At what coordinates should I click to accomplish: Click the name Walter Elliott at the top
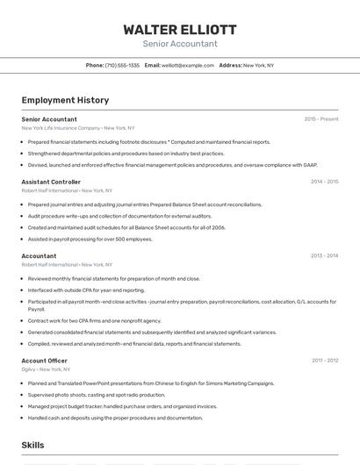(179, 29)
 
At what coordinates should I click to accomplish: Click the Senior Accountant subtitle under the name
(179, 43)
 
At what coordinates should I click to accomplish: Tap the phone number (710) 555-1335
(122, 65)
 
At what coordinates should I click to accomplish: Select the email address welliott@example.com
(188, 65)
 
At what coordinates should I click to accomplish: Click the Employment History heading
(65, 100)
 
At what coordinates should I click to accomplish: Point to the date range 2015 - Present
(320, 119)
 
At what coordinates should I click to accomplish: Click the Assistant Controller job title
(51, 182)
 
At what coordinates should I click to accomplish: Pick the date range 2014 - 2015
(324, 182)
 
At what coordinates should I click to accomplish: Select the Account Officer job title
(44, 361)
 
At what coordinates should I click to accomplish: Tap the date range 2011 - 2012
(325, 361)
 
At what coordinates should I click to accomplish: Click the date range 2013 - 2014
(324, 256)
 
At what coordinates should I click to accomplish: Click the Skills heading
(33, 445)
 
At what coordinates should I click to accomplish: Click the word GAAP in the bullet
(310, 164)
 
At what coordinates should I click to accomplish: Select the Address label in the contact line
(230, 65)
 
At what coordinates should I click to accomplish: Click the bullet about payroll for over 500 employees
(90, 239)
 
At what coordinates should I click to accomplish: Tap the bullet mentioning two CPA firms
(94, 320)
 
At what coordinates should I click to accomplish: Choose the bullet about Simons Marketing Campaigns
(151, 383)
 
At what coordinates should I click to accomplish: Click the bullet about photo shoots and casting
(97, 395)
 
